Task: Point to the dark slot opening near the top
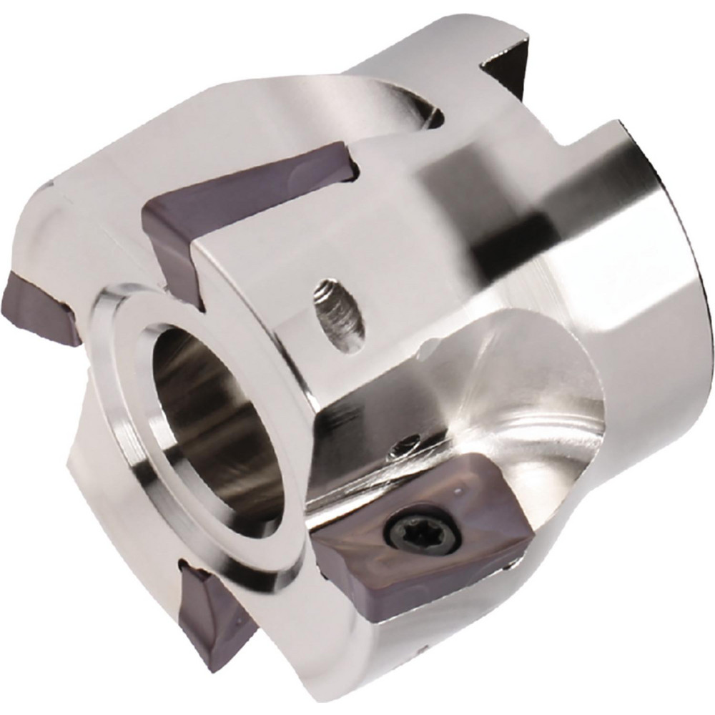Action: (433, 114)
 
